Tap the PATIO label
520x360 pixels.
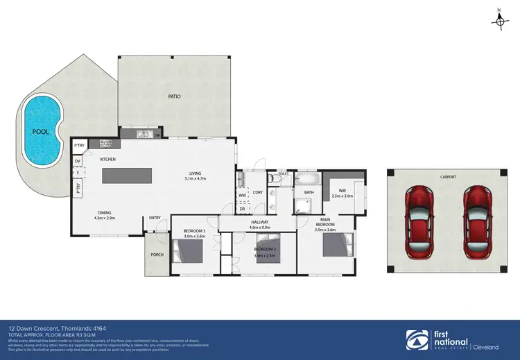pyautogui.click(x=174, y=96)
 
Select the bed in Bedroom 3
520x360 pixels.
pyautogui.click(x=188, y=253)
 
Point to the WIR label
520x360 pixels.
pyautogui.click(x=343, y=191)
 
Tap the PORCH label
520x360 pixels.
pyautogui.click(x=157, y=255)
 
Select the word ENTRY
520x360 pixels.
pyautogui.click(x=155, y=218)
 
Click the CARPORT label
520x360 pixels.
pyautogui.click(x=448, y=178)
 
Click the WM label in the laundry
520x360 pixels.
pyautogui.click(x=242, y=196)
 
